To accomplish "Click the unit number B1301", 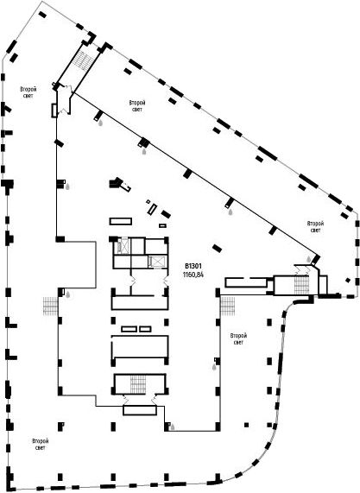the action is (x=193, y=266).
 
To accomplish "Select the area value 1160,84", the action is (x=193, y=275).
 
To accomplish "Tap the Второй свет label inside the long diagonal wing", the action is (x=137, y=106).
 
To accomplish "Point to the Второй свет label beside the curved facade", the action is (x=238, y=339).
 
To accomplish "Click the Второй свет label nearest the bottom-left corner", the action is (x=41, y=445).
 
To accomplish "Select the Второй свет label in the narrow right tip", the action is (x=315, y=227).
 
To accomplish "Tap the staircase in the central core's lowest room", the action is (x=138, y=384).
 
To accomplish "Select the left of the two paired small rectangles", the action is (x=129, y=329).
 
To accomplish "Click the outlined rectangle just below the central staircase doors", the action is (x=140, y=410).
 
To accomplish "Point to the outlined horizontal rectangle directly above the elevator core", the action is (x=121, y=221).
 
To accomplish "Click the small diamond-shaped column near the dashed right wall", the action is (x=348, y=280).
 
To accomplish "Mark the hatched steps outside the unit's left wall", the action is (x=50, y=306).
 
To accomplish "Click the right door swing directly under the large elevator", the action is (x=165, y=281).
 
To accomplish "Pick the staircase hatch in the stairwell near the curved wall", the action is (x=302, y=285).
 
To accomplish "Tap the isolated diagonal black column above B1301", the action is (x=217, y=248).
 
